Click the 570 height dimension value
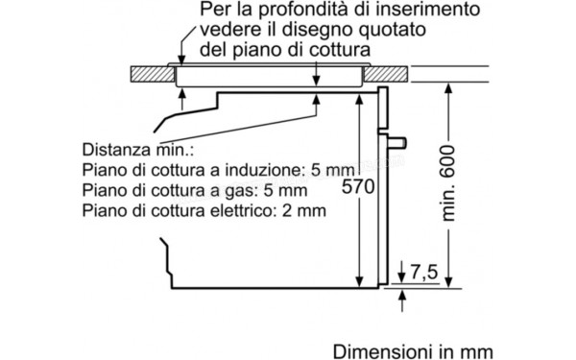[x=356, y=188]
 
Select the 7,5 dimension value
[x=421, y=275]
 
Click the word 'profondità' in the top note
[x=269, y=10]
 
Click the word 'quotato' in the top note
[x=390, y=29]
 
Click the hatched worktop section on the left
[x=152, y=73]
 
